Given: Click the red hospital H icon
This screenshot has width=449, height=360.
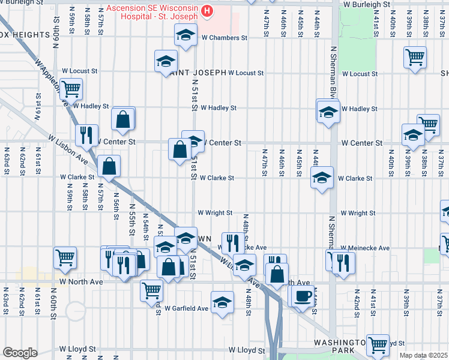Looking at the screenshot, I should (207, 11).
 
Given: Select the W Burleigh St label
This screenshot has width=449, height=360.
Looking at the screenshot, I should (367, 4).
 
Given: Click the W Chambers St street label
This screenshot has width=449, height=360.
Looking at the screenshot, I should (224, 38).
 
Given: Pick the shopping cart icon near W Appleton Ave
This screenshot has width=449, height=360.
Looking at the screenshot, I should (71, 89).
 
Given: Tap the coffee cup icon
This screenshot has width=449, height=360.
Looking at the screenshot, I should (303, 296).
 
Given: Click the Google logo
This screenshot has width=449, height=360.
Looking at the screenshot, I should (20, 353).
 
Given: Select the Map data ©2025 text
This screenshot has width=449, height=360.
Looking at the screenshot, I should (423, 355).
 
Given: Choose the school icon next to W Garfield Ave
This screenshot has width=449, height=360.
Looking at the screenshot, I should (222, 302).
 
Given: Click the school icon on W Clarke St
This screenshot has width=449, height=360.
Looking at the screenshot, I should (322, 178).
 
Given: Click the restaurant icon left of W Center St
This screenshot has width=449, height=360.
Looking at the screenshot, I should (86, 135).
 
